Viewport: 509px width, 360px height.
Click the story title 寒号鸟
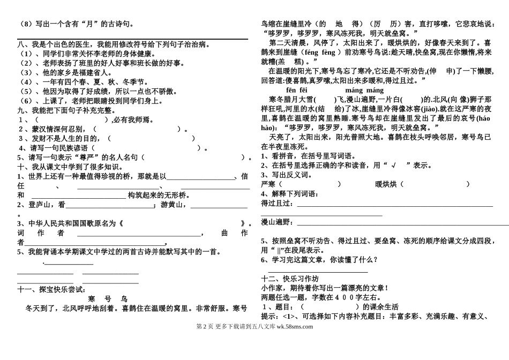pyautogui.click(x=108, y=299)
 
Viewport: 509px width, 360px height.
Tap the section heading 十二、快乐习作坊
pyautogui.click(x=289, y=279)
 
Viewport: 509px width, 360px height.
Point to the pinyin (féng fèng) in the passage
pyautogui.click(x=313, y=52)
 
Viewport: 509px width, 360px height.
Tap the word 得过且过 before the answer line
pyautogui.click(x=276, y=203)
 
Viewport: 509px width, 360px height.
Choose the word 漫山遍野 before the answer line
pyautogui.click(x=276, y=222)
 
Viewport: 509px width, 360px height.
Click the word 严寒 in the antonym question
pyautogui.click(x=268, y=184)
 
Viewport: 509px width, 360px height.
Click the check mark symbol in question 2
pyautogui.click(x=393, y=165)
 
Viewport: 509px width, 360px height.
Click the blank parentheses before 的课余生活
pyautogui.click(x=330, y=307)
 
